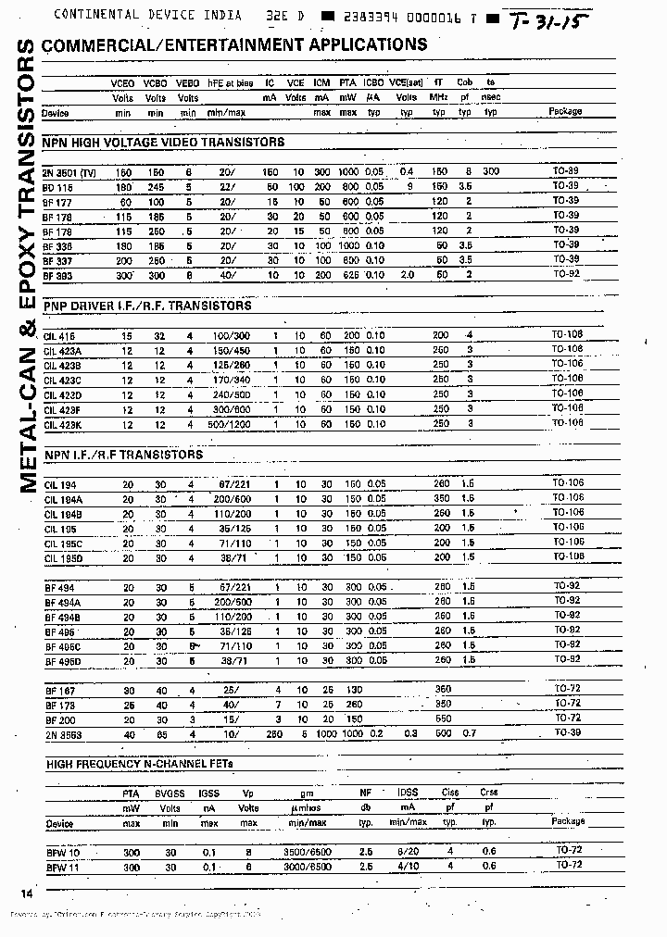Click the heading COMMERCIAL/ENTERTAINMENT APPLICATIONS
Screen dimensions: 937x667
234,44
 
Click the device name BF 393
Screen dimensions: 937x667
57,275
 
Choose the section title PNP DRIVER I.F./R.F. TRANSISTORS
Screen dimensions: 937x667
146,306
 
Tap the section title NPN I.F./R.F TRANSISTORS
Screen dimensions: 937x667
122,455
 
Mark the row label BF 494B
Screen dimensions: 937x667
62,616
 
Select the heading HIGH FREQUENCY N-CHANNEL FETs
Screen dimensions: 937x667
140,763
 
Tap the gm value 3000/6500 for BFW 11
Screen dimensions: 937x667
302,866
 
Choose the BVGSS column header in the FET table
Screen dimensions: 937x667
170,793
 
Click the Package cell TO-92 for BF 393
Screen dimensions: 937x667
566,275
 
